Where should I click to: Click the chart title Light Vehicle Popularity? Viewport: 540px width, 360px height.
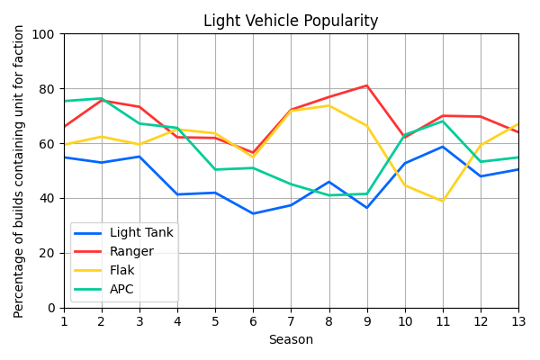coord(291,21)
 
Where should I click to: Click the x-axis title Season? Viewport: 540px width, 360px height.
coord(291,340)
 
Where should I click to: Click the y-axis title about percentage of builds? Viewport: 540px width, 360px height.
coord(20,171)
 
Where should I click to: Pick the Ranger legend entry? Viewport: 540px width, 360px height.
coord(130,252)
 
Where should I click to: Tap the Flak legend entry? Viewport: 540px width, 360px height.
coord(121,271)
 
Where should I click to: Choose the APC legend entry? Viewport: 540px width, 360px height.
coord(121,290)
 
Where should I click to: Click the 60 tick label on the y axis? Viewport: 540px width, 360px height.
coord(46,144)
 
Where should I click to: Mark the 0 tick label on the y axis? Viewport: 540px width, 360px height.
coord(49,308)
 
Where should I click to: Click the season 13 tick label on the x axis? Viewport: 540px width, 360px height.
coord(518,321)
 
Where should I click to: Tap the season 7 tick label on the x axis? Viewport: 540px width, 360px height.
coord(291,321)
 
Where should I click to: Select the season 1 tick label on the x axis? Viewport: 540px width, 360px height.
coord(64,321)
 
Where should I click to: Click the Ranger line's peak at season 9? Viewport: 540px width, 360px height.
coord(367,85)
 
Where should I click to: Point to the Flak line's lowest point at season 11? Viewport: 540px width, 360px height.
coord(443,201)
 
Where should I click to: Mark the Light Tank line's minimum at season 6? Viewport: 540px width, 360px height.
coord(253,213)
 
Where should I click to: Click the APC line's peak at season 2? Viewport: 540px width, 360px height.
coord(102,99)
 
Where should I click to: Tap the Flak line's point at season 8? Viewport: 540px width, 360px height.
coord(329,106)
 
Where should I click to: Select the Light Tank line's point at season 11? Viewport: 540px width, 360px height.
coord(443,147)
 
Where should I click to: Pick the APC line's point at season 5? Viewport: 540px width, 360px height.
coord(215,169)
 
